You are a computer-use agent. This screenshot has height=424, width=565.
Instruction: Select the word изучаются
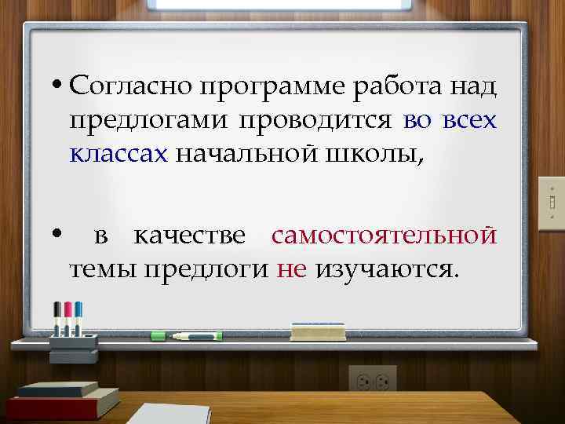(385, 269)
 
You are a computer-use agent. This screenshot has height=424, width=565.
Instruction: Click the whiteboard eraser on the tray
(318, 331)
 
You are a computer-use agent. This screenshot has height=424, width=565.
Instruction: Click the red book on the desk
(63, 405)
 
